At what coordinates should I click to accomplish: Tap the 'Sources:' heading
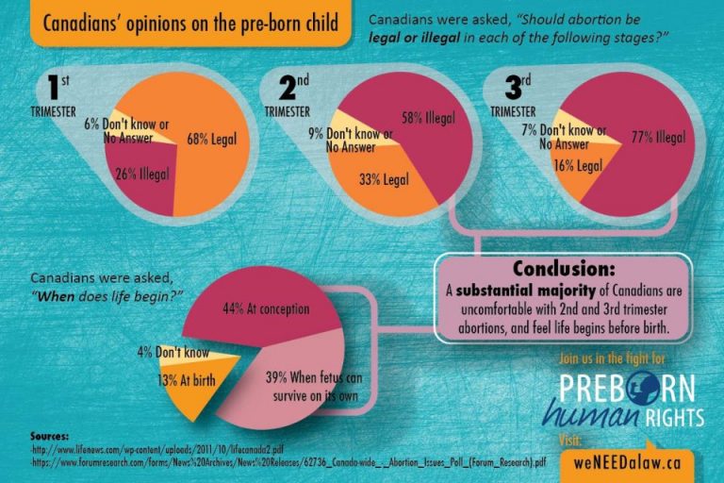54,437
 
